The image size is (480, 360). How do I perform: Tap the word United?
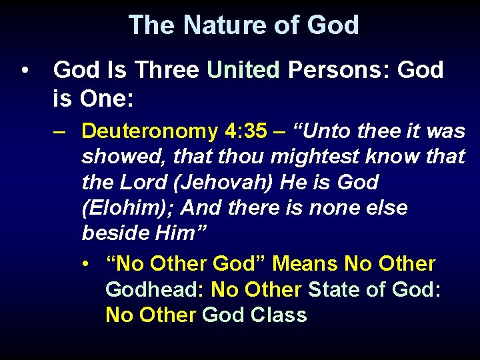[x=243, y=70]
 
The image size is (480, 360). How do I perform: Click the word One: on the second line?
[x=107, y=100]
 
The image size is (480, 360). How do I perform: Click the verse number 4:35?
[x=246, y=131]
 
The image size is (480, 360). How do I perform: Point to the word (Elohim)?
[x=126, y=208]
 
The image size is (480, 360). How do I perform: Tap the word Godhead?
[x=155, y=290]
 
